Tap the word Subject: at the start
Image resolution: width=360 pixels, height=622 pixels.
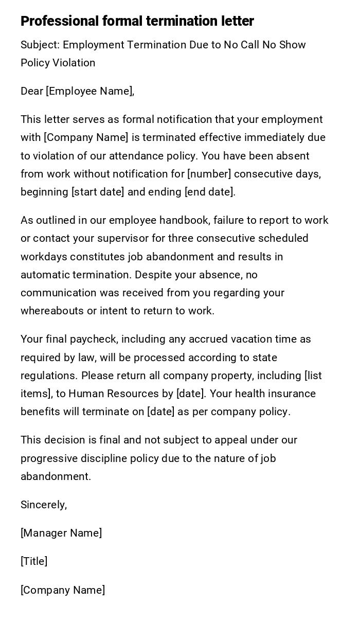point(40,45)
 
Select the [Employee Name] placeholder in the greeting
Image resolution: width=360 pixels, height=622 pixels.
point(90,91)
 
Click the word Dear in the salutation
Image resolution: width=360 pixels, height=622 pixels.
point(31,91)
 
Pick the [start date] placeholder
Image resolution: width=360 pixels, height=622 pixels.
point(98,192)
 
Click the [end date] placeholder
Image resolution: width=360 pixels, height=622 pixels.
point(209,192)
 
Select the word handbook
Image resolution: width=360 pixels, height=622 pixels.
point(184,220)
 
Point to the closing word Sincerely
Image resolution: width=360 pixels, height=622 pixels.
point(43,505)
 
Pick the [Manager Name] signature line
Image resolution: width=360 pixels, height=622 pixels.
point(61,533)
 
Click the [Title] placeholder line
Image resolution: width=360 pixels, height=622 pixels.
point(34,561)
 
